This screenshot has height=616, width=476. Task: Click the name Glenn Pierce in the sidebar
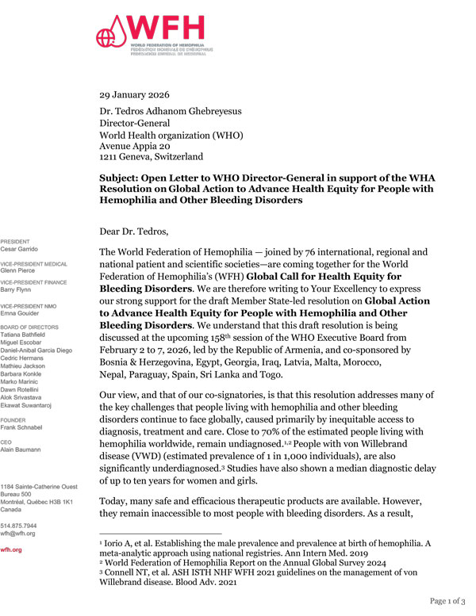click(20, 269)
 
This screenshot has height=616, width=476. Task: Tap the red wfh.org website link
click(12, 549)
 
